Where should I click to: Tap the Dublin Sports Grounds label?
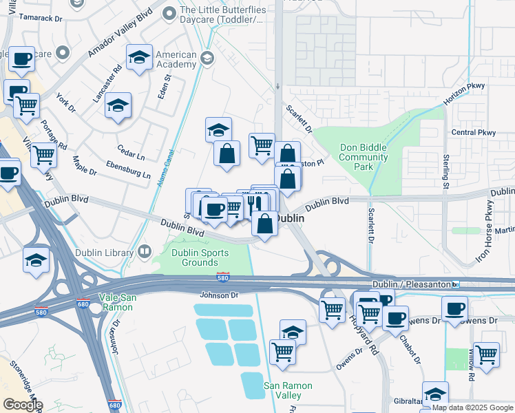coord(194,257)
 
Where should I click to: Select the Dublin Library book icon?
coord(144,253)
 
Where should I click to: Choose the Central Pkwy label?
coord(473,132)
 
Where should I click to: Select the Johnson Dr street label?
coord(218,295)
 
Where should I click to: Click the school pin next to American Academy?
coord(140,57)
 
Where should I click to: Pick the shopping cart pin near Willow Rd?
coord(486,354)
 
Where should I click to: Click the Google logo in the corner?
coord(22,404)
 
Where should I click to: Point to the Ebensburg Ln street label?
coord(128,169)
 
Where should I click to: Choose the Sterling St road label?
coord(445,173)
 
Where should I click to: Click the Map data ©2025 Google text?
coord(472,407)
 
